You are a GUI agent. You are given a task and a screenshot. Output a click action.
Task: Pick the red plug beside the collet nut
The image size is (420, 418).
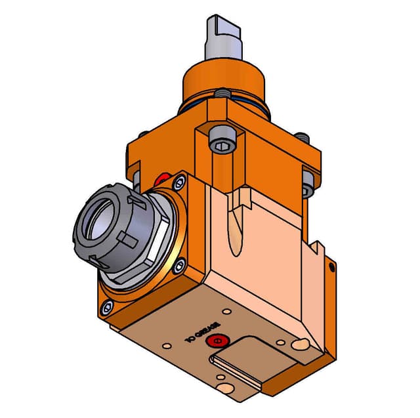pyautogui.click(x=160, y=180)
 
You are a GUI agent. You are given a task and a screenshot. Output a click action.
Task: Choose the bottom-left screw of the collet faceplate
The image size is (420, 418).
pyautogui.click(x=106, y=306)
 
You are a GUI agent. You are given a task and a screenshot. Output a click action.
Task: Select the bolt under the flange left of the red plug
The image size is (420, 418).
pyautogui.click(x=136, y=177)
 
